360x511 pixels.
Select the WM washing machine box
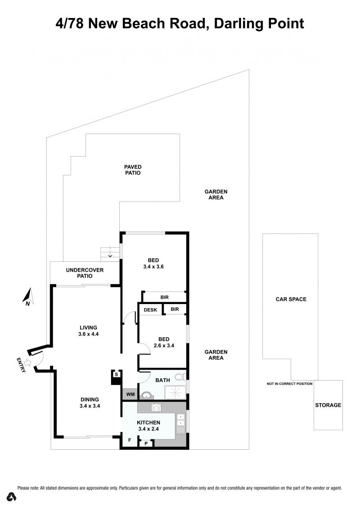tap(130, 394)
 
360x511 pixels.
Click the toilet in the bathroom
tap(180, 377)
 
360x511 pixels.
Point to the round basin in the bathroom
tap(146, 395)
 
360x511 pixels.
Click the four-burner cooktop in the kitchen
tap(157, 408)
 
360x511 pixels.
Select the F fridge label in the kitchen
tap(130, 440)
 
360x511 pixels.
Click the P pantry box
tap(146, 443)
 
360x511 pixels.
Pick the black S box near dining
tap(116, 374)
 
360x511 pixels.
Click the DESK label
tap(150, 309)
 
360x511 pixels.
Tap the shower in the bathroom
tap(175, 393)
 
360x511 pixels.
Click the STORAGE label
tap(328, 405)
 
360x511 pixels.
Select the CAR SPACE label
tap(291, 299)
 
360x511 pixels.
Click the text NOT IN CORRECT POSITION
tap(289, 384)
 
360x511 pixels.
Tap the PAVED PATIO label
tap(133, 170)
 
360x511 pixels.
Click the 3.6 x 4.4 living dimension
tap(88, 334)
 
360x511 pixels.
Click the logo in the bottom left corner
tap(11, 497)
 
